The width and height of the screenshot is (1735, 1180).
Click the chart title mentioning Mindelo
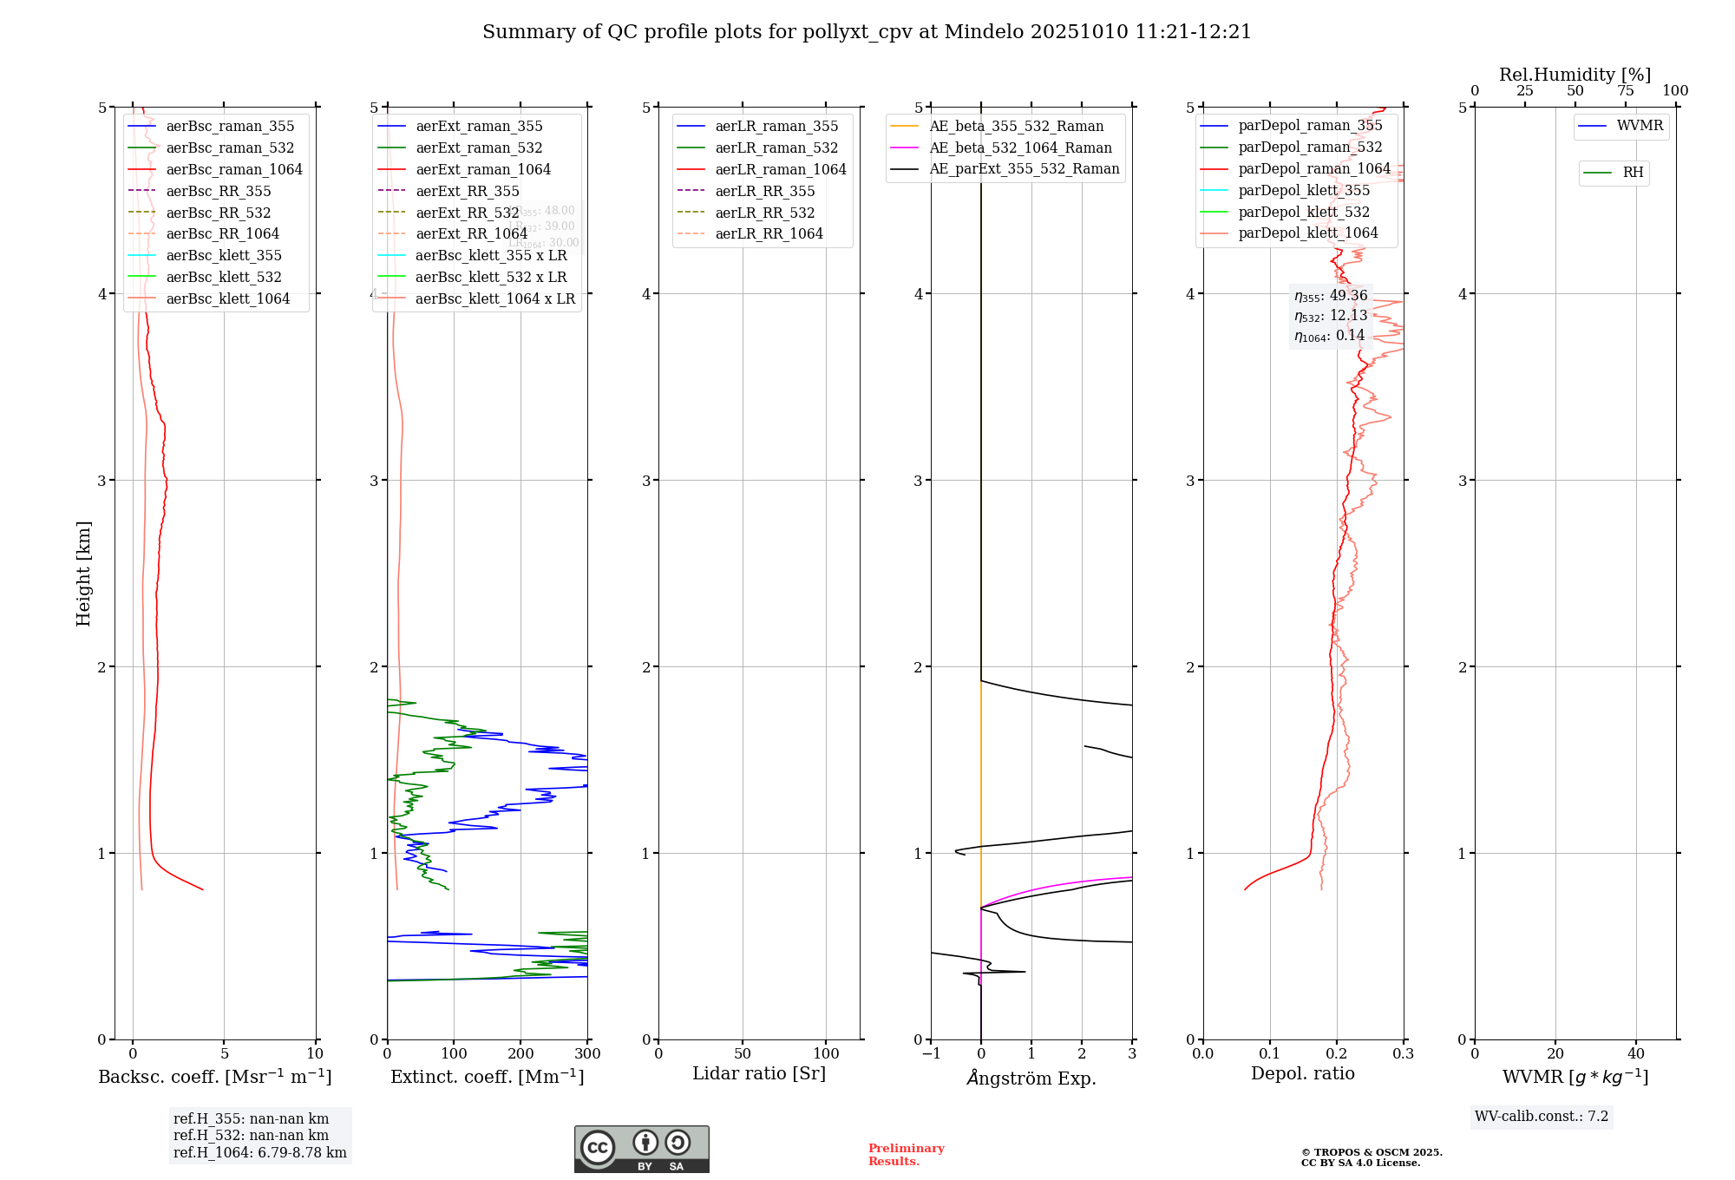[867, 32]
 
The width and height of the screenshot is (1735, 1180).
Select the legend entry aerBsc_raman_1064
[234, 170]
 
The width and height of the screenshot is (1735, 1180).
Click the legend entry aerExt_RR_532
[467, 213]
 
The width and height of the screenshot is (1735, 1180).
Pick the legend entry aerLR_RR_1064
[769, 234]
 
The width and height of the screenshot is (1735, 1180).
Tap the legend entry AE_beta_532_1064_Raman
[1020, 148]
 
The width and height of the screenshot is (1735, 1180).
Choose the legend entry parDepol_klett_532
[1304, 213]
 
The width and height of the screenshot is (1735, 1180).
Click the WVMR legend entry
[1640, 126]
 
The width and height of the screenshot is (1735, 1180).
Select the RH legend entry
[1633, 173]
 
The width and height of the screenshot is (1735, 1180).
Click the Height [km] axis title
[83, 574]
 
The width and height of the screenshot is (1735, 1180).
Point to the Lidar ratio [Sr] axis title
[759, 1074]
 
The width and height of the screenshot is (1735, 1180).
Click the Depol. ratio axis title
[1302, 1074]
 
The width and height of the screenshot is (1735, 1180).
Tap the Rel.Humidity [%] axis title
[1575, 75]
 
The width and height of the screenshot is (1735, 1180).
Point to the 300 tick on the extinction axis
[588, 1054]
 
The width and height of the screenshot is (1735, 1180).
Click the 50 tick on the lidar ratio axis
[743, 1054]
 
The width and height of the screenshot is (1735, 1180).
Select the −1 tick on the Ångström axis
[931, 1054]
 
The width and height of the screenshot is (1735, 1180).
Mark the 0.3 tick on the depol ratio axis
[1404, 1054]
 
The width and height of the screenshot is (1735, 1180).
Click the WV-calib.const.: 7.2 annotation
[1542, 1117]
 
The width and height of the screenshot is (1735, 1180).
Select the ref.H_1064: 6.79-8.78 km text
[259, 1153]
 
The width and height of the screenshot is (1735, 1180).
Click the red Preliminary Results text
[906, 1155]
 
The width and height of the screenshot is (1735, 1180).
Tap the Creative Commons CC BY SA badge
[641, 1150]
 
